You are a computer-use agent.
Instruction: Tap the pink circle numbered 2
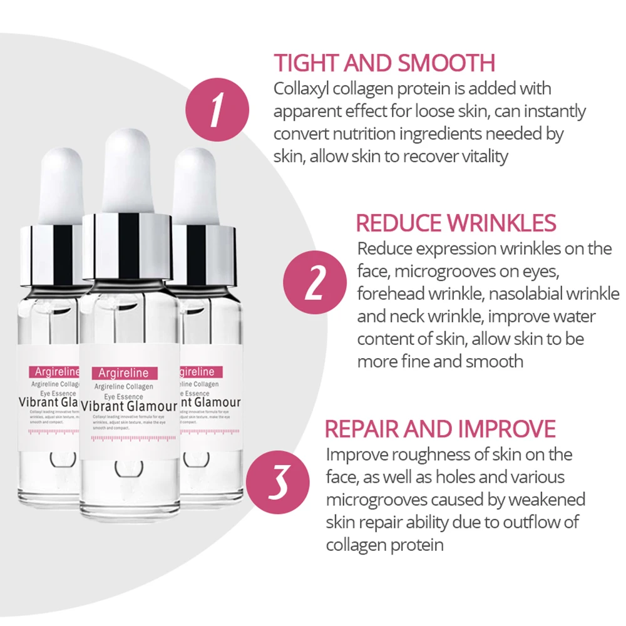(316, 282)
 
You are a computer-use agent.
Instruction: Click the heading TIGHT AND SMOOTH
(384, 63)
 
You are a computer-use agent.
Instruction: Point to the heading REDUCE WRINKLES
(456, 223)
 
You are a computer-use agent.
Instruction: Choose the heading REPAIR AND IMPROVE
(440, 429)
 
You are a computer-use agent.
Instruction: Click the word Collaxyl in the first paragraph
(302, 89)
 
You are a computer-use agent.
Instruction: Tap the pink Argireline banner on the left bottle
(53, 372)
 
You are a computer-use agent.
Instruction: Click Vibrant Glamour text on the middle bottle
(129, 406)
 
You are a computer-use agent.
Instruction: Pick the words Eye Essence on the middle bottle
(123, 396)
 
